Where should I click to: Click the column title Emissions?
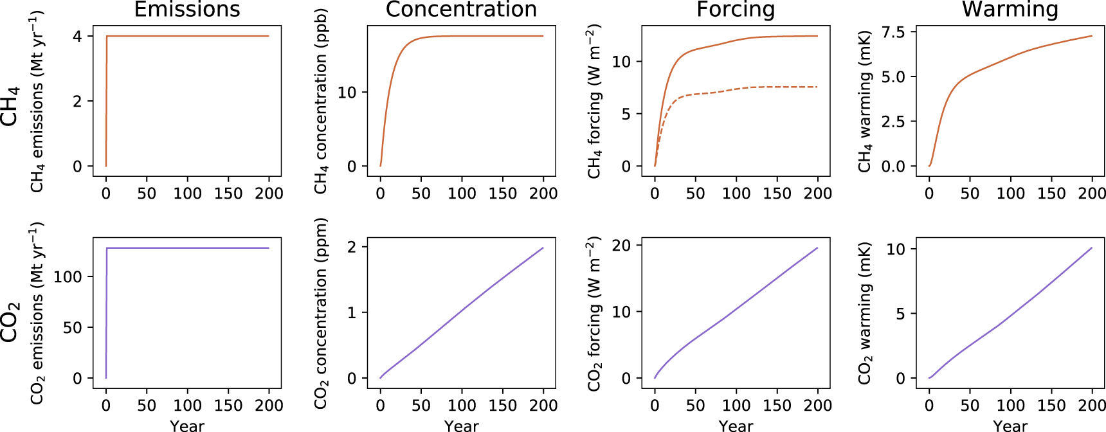(x=187, y=10)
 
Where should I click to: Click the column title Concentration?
(x=461, y=10)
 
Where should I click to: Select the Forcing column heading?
(x=736, y=10)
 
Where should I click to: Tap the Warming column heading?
(x=1010, y=10)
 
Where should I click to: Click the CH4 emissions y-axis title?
(x=37, y=102)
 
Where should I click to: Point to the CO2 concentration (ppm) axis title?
(x=320, y=313)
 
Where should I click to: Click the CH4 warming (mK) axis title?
(x=864, y=102)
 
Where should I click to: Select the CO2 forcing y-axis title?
(x=594, y=313)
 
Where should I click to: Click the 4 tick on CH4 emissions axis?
(x=77, y=37)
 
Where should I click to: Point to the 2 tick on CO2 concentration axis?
(x=352, y=248)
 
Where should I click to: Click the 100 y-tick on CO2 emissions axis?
(x=68, y=277)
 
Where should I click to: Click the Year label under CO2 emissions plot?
(x=187, y=425)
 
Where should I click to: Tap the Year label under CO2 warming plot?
(x=1010, y=425)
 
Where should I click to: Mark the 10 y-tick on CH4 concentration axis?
(x=347, y=93)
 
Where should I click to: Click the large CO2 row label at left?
(x=10, y=321)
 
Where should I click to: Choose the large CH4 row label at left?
(x=10, y=106)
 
